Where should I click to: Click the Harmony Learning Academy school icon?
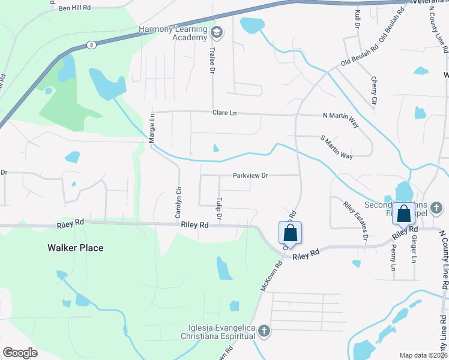click(217, 32)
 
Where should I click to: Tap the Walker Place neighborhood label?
click(75, 247)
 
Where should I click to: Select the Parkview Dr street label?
click(250, 176)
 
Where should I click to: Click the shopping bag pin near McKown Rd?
click(291, 233)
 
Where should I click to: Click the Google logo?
click(20, 352)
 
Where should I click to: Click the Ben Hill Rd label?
click(75, 8)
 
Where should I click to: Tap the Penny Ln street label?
click(394, 256)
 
